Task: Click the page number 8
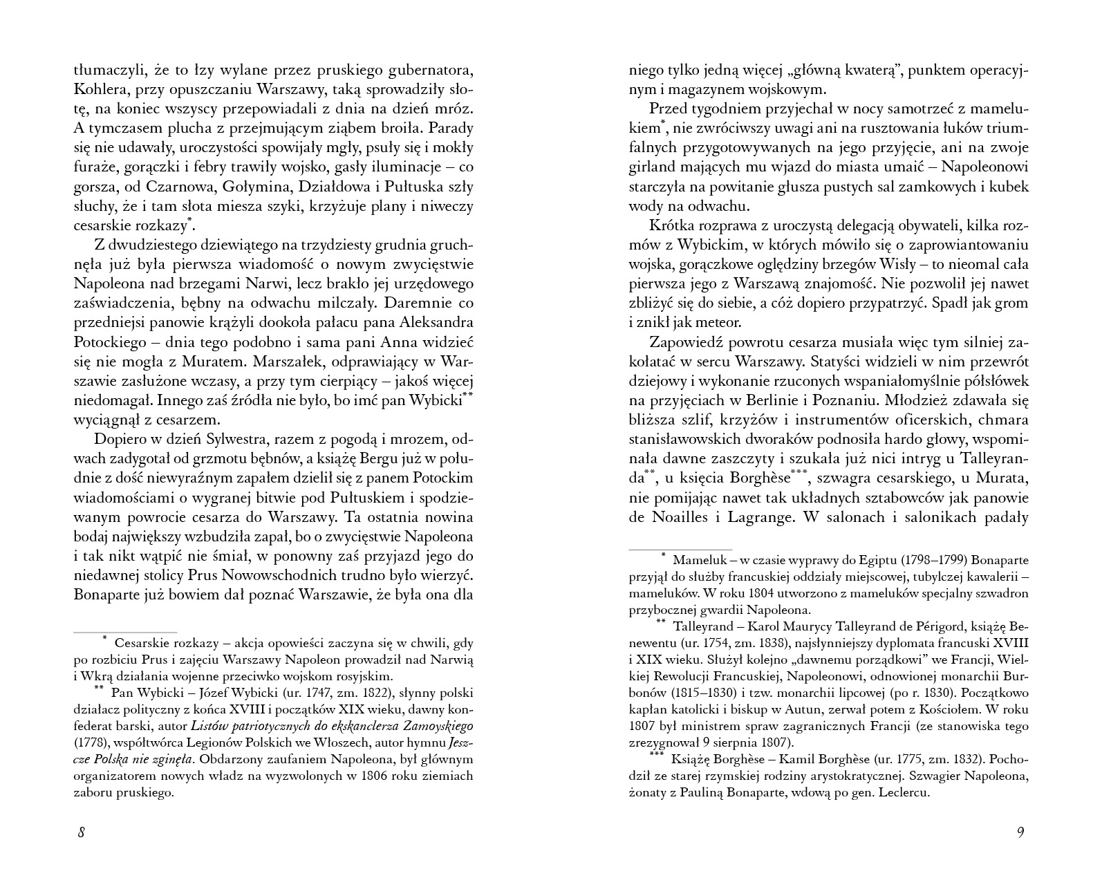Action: [x=81, y=832]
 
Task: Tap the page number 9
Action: [x=1020, y=832]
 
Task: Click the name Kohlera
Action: [x=100, y=90]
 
